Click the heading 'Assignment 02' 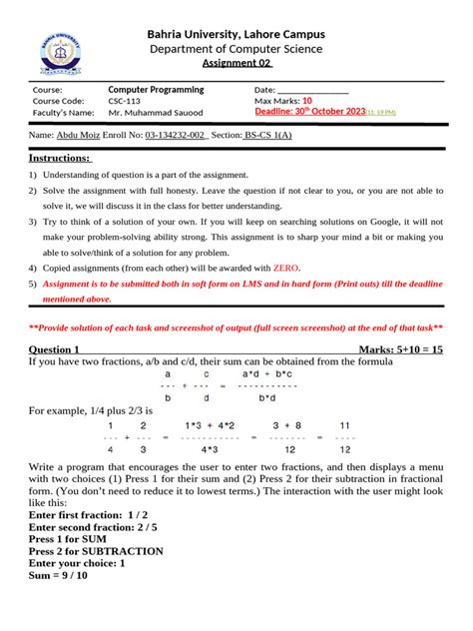coord(236,63)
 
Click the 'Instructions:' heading coord(60,158)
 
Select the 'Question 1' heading coord(54,349)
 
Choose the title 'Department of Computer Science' coord(236,48)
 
